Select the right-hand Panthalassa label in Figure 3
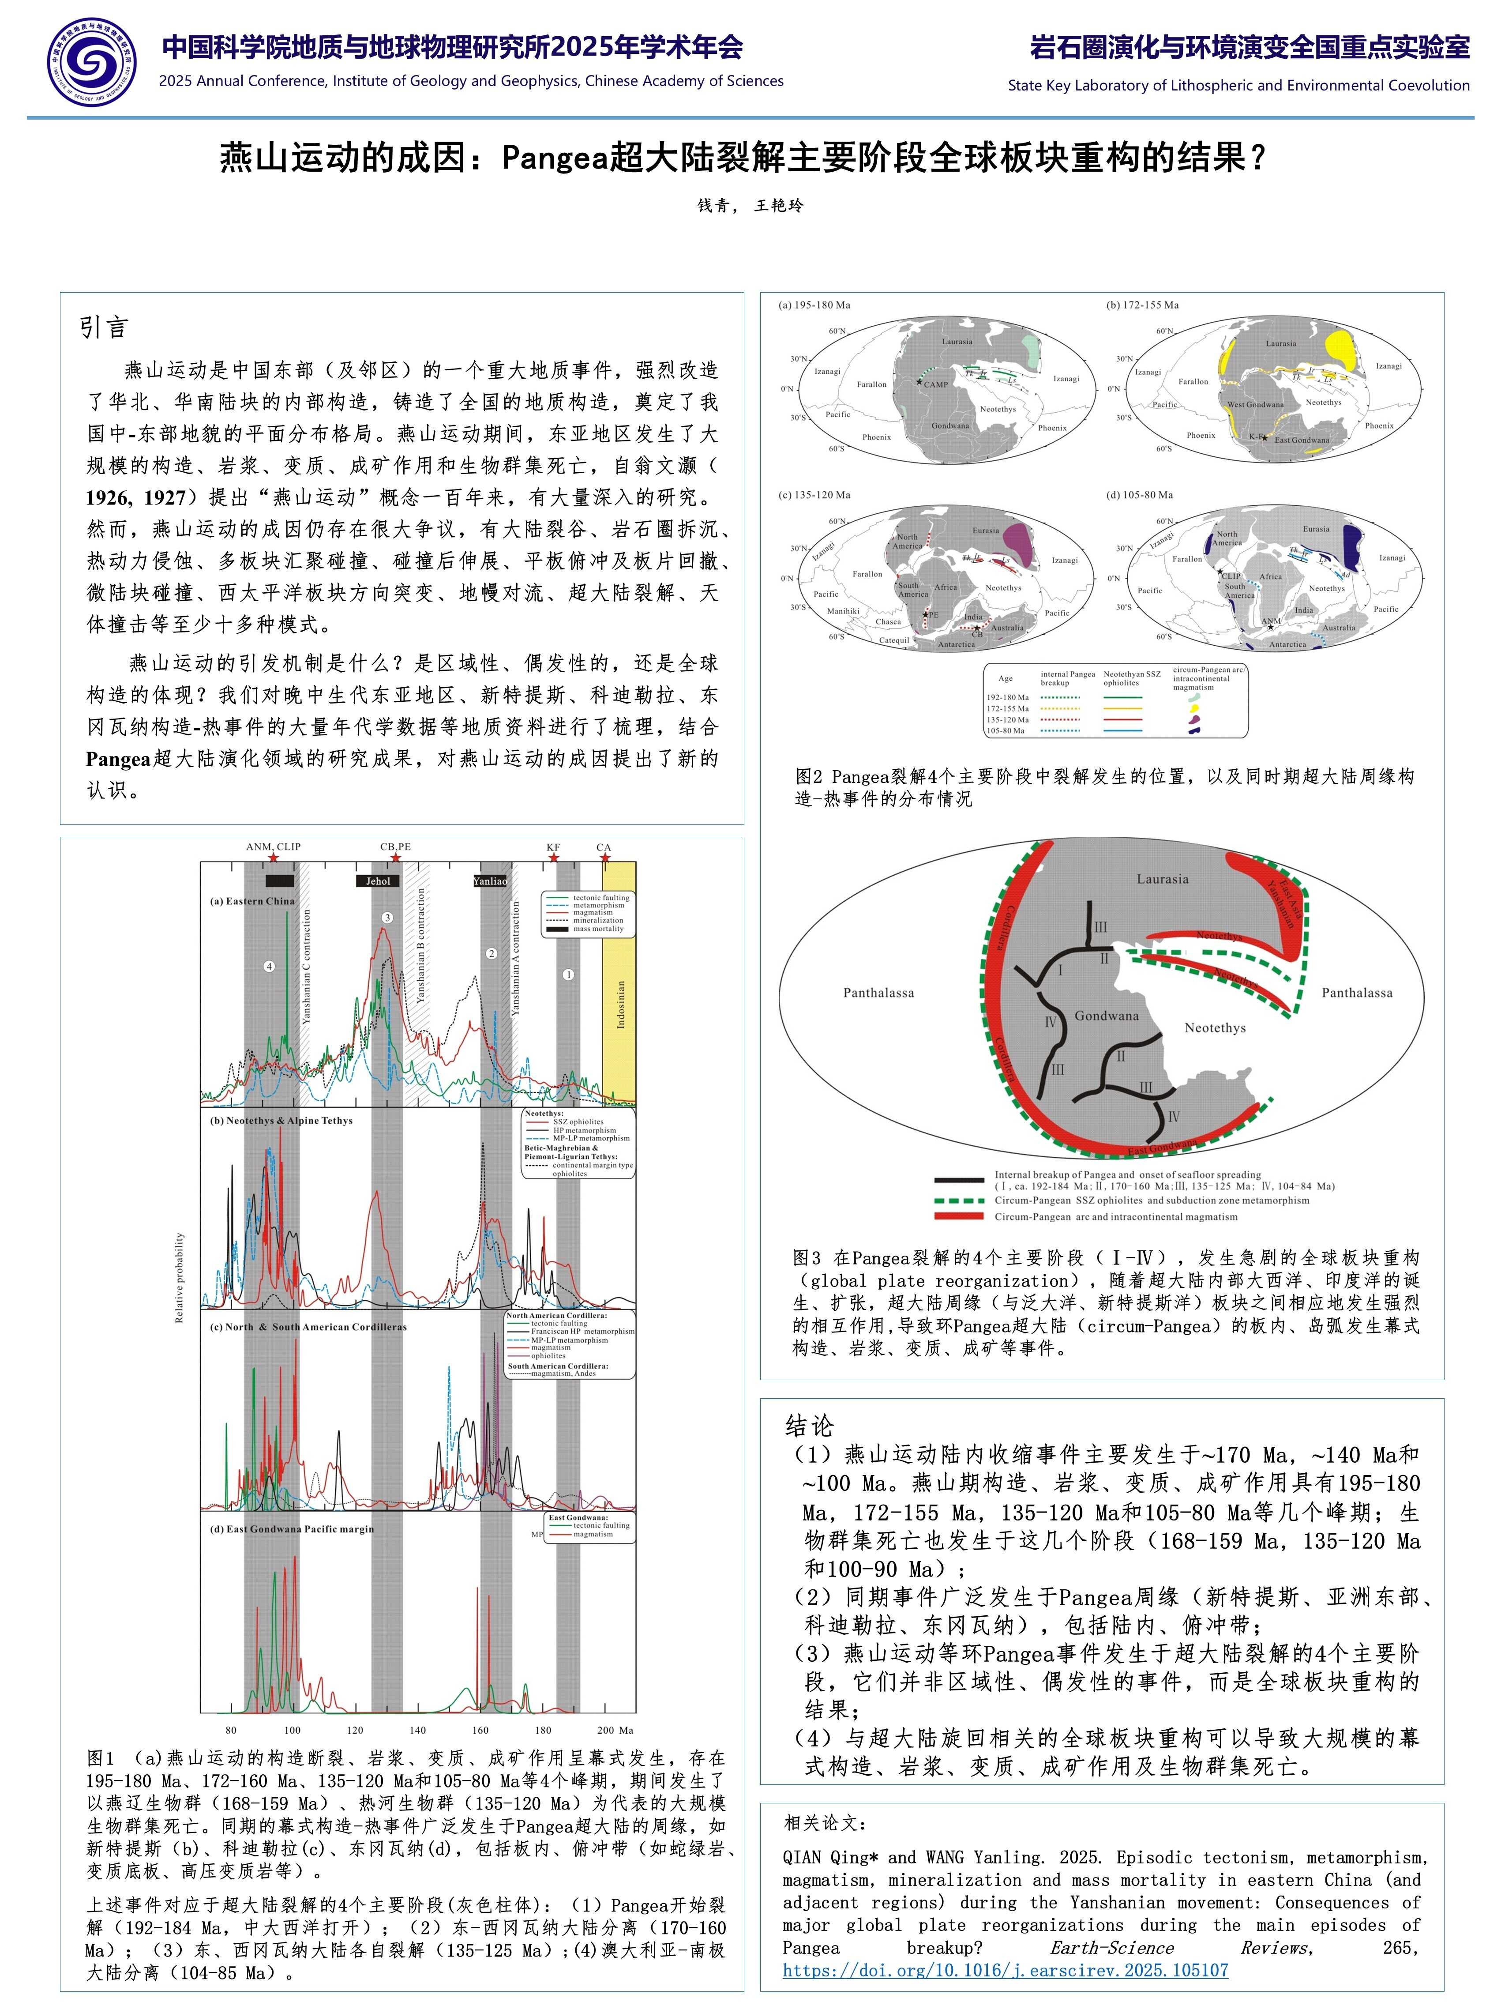(1356, 993)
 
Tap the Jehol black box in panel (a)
(378, 881)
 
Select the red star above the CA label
(604, 858)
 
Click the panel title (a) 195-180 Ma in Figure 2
(814, 305)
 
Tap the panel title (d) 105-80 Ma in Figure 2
(1139, 495)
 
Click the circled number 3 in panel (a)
(387, 918)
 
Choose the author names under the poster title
(750, 205)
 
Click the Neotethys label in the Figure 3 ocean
(1215, 1028)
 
